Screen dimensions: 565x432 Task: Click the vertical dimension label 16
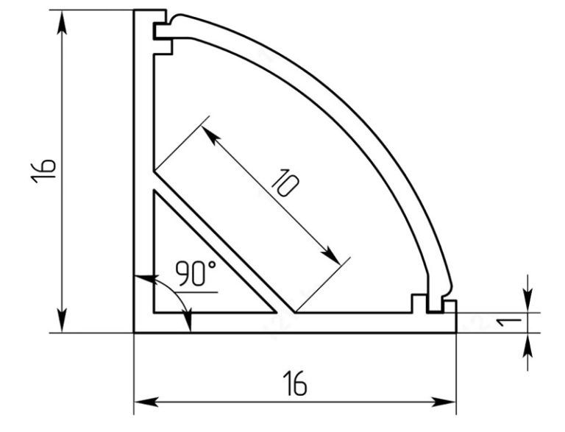click(43, 171)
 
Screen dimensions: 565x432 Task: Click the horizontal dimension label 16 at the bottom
click(295, 383)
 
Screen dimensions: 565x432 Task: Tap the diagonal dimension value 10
click(285, 183)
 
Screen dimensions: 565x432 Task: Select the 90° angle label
click(196, 273)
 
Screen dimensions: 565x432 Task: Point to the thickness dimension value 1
click(509, 322)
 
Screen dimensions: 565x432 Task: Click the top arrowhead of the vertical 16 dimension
click(62, 22)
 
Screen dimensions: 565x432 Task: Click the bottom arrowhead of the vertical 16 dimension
click(62, 320)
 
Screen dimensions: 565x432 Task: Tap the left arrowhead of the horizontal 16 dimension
click(146, 402)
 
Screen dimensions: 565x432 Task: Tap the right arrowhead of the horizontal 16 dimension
click(444, 402)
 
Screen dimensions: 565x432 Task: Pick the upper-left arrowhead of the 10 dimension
click(211, 135)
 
